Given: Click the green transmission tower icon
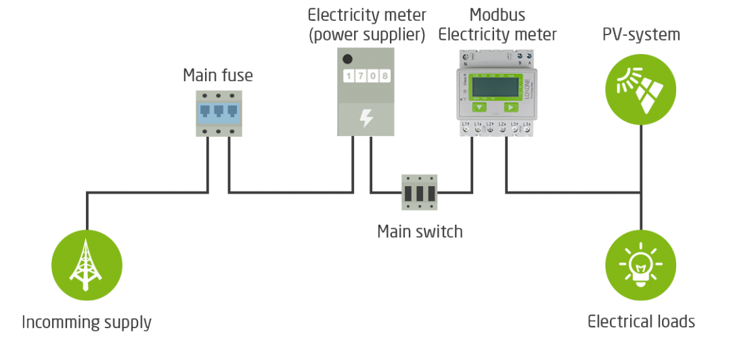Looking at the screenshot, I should tap(87, 265).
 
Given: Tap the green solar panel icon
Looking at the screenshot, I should tap(640, 89).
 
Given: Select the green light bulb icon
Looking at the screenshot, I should tap(640, 265).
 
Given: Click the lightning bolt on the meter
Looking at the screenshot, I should tap(365, 118).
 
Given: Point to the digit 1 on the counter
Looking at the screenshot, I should tap(349, 76).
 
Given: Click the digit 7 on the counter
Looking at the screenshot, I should tap(360, 76).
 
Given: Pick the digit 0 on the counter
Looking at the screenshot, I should tap(372, 76).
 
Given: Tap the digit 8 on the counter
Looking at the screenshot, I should tap(384, 76).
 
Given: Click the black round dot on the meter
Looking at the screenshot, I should tap(348, 59).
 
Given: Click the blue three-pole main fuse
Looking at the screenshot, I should tap(219, 112).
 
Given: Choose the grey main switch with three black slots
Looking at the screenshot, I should tap(420, 192).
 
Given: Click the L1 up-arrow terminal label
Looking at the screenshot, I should tap(466, 124).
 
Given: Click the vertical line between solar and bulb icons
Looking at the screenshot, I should tap(640, 177).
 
